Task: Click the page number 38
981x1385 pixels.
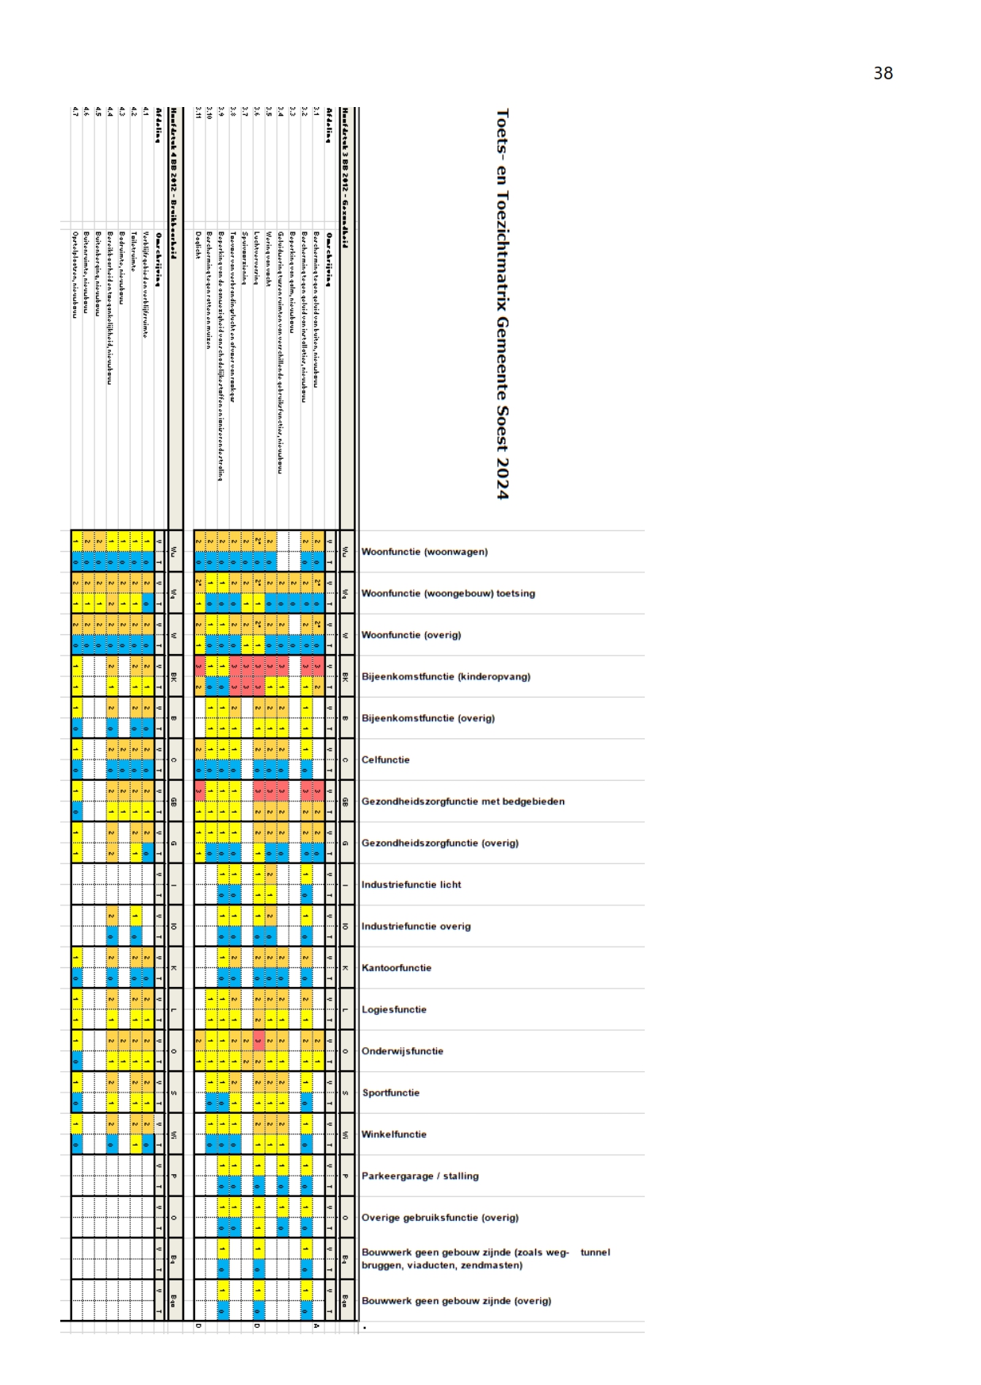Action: tap(883, 74)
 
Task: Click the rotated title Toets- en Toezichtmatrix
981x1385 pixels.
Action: tap(502, 304)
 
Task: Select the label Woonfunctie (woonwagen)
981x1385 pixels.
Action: tap(424, 552)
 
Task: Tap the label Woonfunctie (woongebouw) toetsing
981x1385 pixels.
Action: tap(448, 594)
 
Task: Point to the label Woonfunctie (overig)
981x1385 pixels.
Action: tap(411, 635)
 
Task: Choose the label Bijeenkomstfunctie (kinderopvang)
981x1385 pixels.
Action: tap(446, 677)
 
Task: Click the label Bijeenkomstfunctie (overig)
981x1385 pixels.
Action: tap(427, 718)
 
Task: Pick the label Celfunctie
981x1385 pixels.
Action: tap(385, 760)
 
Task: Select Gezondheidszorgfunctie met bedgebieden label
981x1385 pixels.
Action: tap(463, 802)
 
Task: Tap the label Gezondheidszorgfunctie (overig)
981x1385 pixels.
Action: tap(439, 844)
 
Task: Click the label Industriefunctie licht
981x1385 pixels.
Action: tap(411, 885)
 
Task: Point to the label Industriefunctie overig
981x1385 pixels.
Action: tap(416, 927)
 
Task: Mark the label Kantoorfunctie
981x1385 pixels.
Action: tap(397, 968)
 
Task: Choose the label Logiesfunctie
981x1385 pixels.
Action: tap(394, 1010)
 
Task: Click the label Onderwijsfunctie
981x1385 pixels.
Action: tap(402, 1051)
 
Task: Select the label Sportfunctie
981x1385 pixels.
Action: tap(391, 1093)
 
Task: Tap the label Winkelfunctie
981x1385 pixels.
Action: tap(394, 1134)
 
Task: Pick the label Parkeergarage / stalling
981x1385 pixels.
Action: tap(420, 1176)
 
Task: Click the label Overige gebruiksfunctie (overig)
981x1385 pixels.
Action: tap(439, 1218)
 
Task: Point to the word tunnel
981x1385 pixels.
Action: tap(595, 1253)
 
